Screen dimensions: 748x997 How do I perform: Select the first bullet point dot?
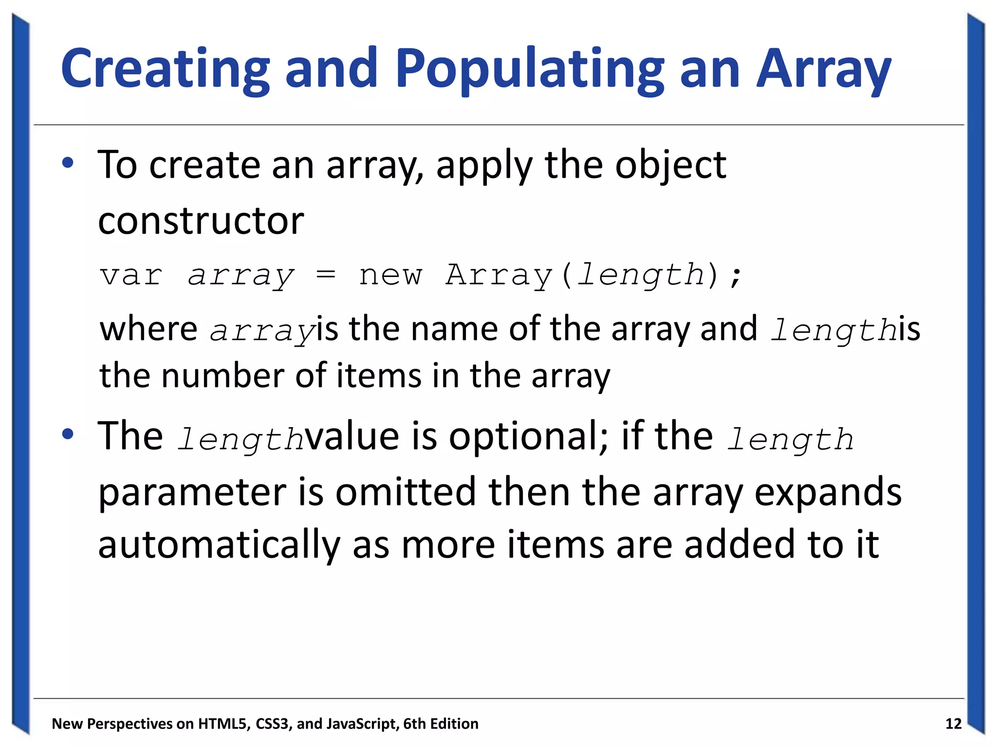pos(68,164)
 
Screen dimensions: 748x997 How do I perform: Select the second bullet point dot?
pos(68,434)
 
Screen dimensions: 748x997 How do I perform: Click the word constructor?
pos(201,221)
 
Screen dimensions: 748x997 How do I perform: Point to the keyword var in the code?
pos(131,275)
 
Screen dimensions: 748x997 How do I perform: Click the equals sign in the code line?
pos(326,275)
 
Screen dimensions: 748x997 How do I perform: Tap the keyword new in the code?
pos(390,276)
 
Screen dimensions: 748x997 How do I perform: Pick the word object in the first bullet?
pos(670,166)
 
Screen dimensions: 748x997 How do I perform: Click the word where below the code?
pos(148,329)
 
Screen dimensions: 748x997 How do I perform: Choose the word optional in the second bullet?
pos(528,437)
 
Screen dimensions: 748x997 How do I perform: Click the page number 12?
pos(953,724)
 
